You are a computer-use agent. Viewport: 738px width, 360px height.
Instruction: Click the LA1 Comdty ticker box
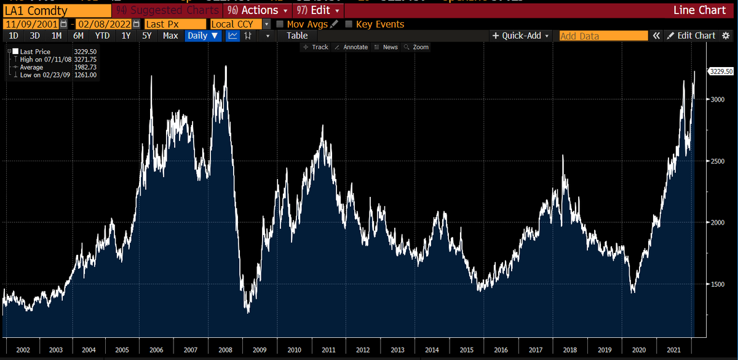coord(56,10)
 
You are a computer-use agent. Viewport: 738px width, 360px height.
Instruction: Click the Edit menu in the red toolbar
coord(318,10)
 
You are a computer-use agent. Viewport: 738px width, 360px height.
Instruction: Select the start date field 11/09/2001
coord(36,24)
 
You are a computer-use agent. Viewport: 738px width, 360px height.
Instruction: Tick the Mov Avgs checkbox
coord(280,24)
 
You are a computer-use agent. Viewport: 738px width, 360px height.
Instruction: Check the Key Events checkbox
coord(349,24)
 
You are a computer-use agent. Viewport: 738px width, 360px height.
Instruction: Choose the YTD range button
coord(102,36)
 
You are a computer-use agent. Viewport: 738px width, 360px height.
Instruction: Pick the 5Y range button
coord(146,36)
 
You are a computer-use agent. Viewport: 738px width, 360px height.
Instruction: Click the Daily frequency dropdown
coord(203,36)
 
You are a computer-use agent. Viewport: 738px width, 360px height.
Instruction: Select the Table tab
coord(297,36)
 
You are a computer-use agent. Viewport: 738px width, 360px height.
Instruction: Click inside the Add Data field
coord(603,36)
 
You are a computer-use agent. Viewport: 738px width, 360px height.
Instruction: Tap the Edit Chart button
coord(691,36)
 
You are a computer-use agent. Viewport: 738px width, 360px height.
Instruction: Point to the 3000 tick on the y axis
coord(718,99)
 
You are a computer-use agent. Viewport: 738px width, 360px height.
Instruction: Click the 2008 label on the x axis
coord(225,350)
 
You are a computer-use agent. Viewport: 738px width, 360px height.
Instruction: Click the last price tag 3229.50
coord(721,71)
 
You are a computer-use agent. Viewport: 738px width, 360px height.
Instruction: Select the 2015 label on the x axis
coord(466,350)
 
